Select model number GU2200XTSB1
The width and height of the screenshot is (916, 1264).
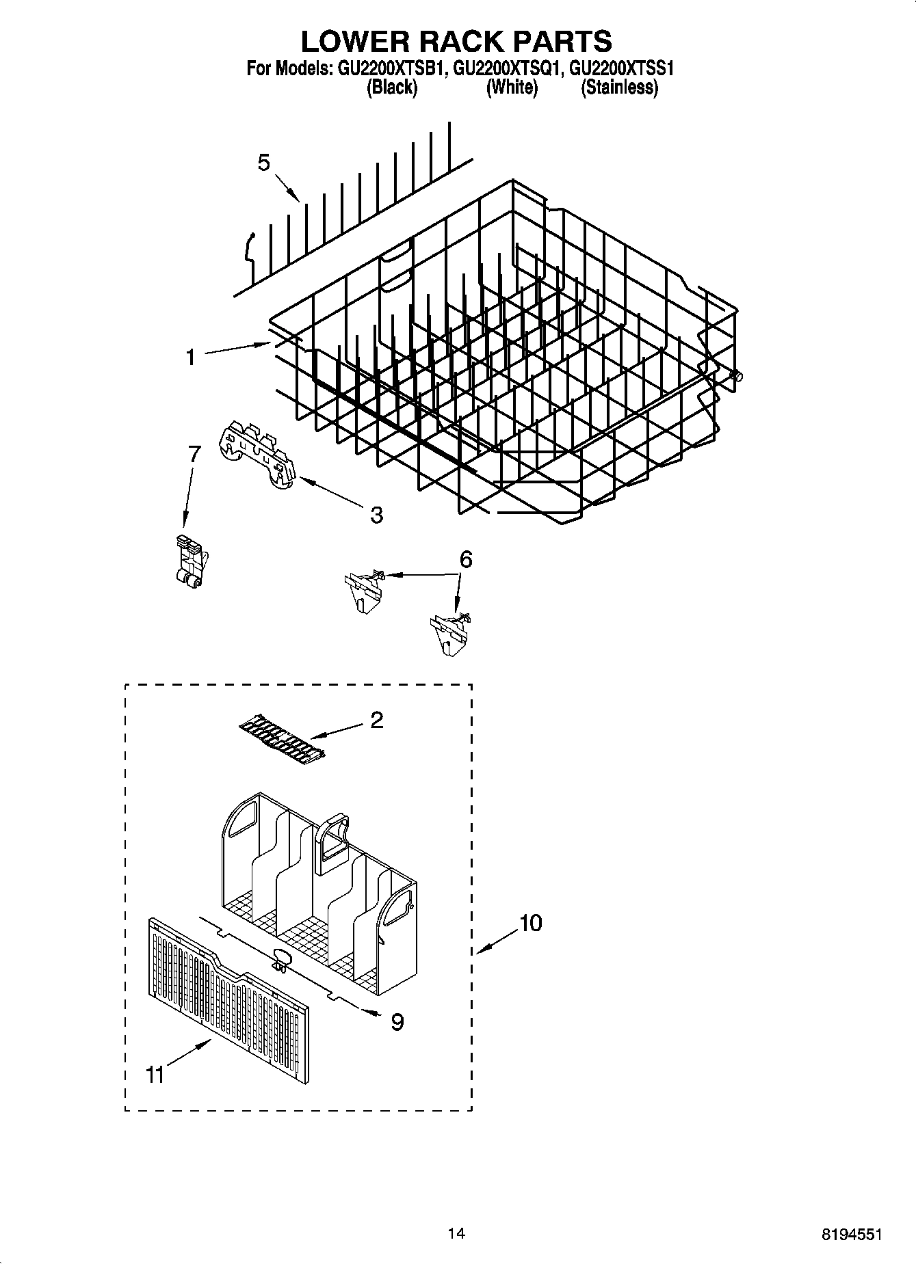coord(389,69)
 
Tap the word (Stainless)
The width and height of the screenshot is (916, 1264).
coord(619,88)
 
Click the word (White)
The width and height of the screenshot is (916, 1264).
coord(512,88)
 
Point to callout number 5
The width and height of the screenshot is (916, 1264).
coord(264,163)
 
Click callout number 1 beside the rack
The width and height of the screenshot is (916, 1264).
coord(191,357)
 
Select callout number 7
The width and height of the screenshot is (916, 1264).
coord(195,453)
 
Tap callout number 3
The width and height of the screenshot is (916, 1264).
coord(376,515)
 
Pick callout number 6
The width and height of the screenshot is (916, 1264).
coord(466,559)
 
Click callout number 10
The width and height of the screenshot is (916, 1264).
coord(530,923)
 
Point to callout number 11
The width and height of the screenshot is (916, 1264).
coord(155,1075)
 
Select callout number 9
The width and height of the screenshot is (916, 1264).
coord(397,1022)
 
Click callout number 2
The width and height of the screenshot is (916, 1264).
coord(376,720)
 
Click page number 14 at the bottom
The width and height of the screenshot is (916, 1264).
coord(456,1233)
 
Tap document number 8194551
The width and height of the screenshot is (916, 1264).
coord(852,1235)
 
